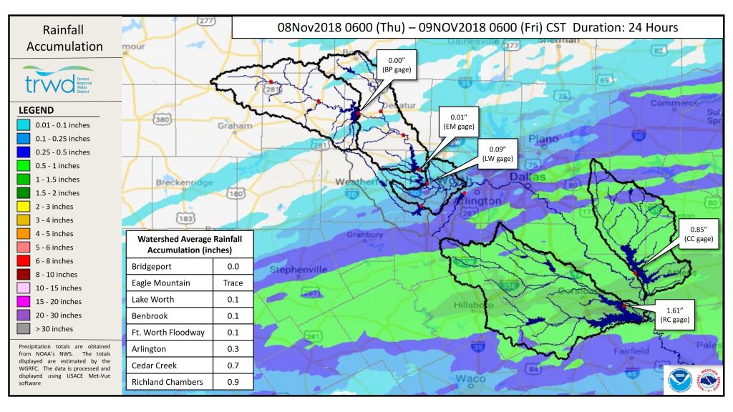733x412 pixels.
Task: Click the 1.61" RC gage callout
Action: coord(676,315)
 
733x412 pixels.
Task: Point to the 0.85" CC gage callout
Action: coord(699,233)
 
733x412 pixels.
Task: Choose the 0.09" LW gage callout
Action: coord(495,153)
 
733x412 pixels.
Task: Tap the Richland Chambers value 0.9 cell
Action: coord(233,382)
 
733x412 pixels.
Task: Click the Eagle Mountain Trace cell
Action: coord(233,283)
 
